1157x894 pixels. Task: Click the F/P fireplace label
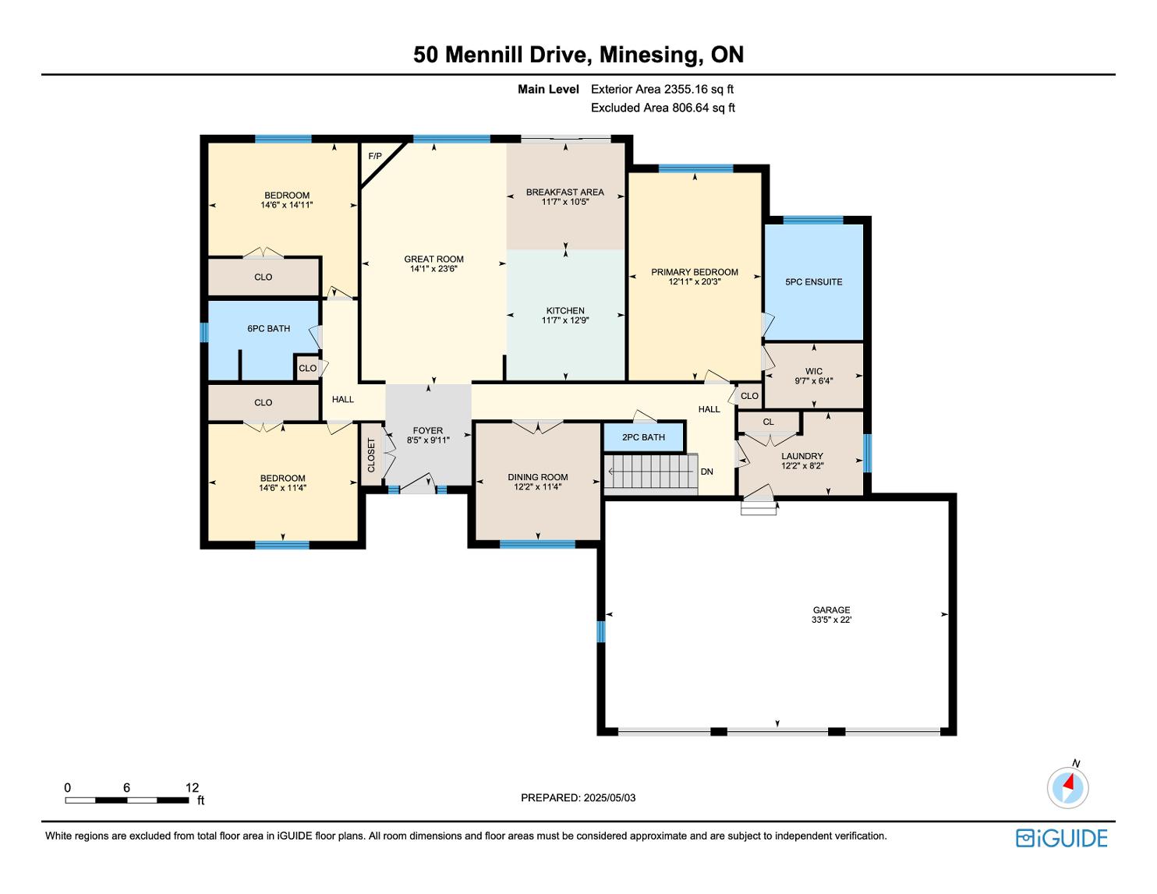pyautogui.click(x=375, y=156)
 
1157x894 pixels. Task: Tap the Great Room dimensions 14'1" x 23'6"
pyautogui.click(x=433, y=269)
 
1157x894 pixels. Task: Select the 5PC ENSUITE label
pyautogui.click(x=813, y=282)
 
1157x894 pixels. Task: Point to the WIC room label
pyautogui.click(x=813, y=371)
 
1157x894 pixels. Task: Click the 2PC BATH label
pyautogui.click(x=643, y=437)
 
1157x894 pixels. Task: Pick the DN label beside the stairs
pyautogui.click(x=706, y=472)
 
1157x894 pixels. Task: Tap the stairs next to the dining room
pyautogui.click(x=651, y=472)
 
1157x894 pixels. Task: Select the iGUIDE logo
pyautogui.click(x=1061, y=838)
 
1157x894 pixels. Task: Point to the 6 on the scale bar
pyautogui.click(x=127, y=787)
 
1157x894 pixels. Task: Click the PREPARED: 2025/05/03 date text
pyautogui.click(x=578, y=797)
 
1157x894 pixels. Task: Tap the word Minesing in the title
pyautogui.click(x=649, y=55)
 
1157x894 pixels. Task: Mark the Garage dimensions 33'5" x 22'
pyautogui.click(x=831, y=620)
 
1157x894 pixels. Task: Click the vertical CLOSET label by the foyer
pyautogui.click(x=371, y=455)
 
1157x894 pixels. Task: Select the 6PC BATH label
pyautogui.click(x=268, y=328)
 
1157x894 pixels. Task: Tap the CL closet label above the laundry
pyautogui.click(x=768, y=422)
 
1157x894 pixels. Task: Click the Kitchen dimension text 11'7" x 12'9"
pyautogui.click(x=565, y=320)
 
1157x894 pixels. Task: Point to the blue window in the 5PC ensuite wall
pyautogui.click(x=812, y=221)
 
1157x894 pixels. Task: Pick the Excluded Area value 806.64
pyautogui.click(x=691, y=108)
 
